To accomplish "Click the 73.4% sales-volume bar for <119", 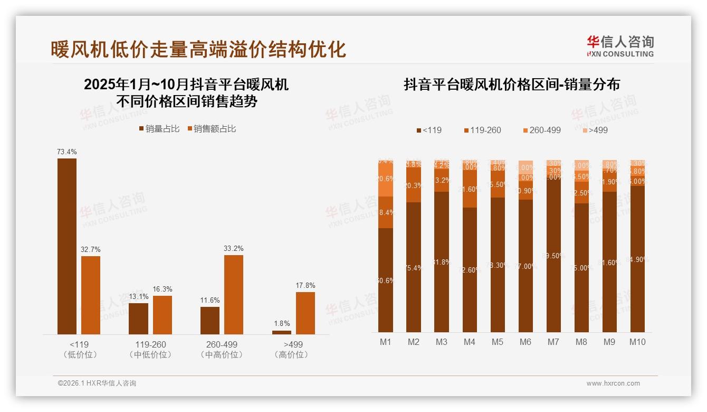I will click(67, 246).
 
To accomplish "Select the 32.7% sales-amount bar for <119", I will click(91, 295).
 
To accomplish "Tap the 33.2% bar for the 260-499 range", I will click(234, 294).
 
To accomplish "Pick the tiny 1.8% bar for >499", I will click(282, 332).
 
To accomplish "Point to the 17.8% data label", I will click(305, 286).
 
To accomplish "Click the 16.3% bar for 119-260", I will click(163, 315).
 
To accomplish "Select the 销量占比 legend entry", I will click(159, 129).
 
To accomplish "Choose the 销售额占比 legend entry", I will click(211, 129).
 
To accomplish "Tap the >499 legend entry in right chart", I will click(595, 130).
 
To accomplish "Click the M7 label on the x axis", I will click(553, 342).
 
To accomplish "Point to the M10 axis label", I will click(637, 342).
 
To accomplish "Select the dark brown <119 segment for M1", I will click(386, 280).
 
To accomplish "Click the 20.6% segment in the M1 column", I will click(386, 179).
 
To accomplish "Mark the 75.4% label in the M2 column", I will click(414, 268).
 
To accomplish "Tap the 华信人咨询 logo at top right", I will click(620, 46).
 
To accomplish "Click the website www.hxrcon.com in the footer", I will click(613, 383).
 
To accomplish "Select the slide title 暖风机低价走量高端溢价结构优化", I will click(198, 49).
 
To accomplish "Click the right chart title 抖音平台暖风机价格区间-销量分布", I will click(512, 85).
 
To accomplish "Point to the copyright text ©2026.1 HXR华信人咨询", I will click(97, 383).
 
